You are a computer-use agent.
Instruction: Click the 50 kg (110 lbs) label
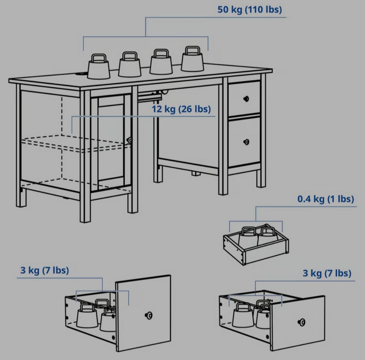(249, 10)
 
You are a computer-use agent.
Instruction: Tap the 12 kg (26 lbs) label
(181, 109)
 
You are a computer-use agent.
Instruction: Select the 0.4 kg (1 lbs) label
(326, 199)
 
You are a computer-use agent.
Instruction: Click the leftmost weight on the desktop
(99, 66)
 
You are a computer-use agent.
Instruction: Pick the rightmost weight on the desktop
(192, 59)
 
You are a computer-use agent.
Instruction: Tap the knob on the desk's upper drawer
(246, 99)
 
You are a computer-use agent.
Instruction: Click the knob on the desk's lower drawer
(246, 142)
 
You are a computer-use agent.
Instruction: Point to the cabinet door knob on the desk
(129, 140)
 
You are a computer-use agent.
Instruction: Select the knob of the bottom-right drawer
(302, 322)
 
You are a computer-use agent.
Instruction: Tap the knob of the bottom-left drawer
(149, 315)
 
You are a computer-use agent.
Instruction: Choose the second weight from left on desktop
(130, 64)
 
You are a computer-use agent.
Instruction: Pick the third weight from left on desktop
(161, 62)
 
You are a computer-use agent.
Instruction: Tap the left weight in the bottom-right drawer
(243, 315)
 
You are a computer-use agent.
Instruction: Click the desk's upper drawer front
(244, 98)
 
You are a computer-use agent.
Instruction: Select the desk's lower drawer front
(244, 142)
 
